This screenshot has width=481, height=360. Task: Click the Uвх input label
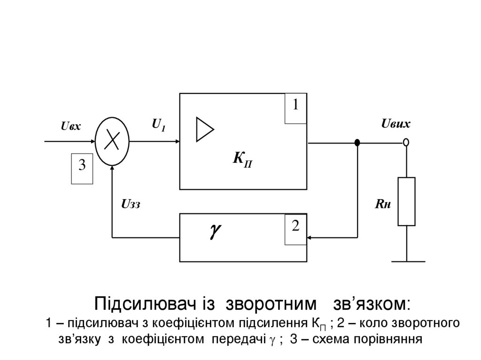[71, 126]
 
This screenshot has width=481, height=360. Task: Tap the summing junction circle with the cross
[112, 141]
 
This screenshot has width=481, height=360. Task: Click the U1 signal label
[158, 124]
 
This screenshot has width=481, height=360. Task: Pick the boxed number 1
[296, 106]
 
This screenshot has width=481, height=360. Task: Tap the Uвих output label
[396, 124]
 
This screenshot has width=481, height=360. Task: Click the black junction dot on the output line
[357, 142]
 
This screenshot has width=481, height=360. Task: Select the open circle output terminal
[406, 142]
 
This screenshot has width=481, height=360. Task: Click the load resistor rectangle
[406, 201]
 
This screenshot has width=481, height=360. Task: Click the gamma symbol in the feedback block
[216, 230]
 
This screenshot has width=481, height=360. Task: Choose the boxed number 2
[295, 227]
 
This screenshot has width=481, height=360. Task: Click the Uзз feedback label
[131, 204]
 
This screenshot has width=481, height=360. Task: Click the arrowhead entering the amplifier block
[176, 141]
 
